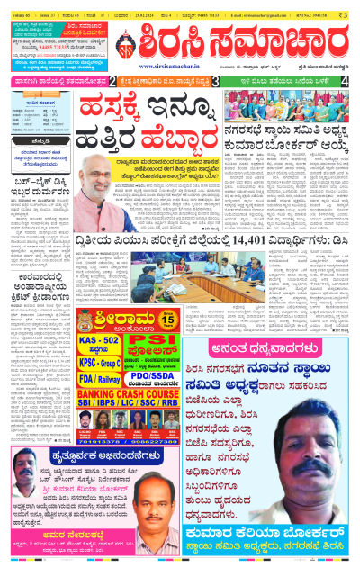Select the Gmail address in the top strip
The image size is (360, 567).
tap(263, 14)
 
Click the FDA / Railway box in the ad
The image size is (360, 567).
tap(100, 378)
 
